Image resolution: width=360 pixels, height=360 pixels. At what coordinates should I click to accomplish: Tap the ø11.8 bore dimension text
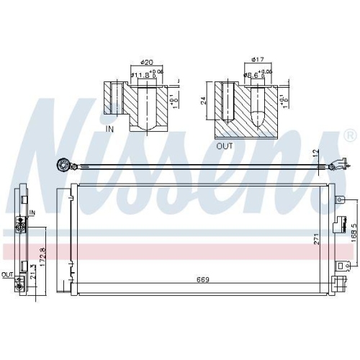141,73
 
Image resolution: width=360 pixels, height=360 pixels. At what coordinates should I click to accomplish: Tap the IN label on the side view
32,213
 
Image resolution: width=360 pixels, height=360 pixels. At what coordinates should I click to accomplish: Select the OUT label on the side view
6,274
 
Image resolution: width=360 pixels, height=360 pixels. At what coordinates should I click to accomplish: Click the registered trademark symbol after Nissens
349,135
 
